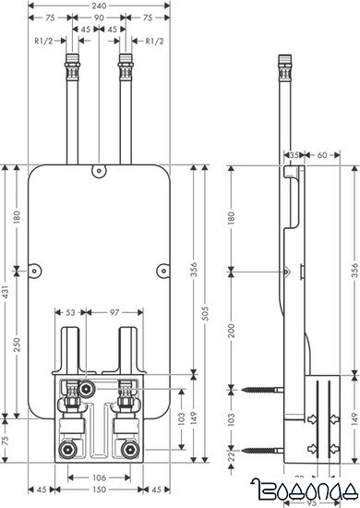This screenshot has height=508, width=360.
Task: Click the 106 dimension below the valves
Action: (x=97, y=478)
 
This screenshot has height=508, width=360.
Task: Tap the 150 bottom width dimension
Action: (x=97, y=489)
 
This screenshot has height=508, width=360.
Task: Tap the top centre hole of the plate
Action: (x=97, y=170)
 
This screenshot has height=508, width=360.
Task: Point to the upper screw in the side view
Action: (x=263, y=392)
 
